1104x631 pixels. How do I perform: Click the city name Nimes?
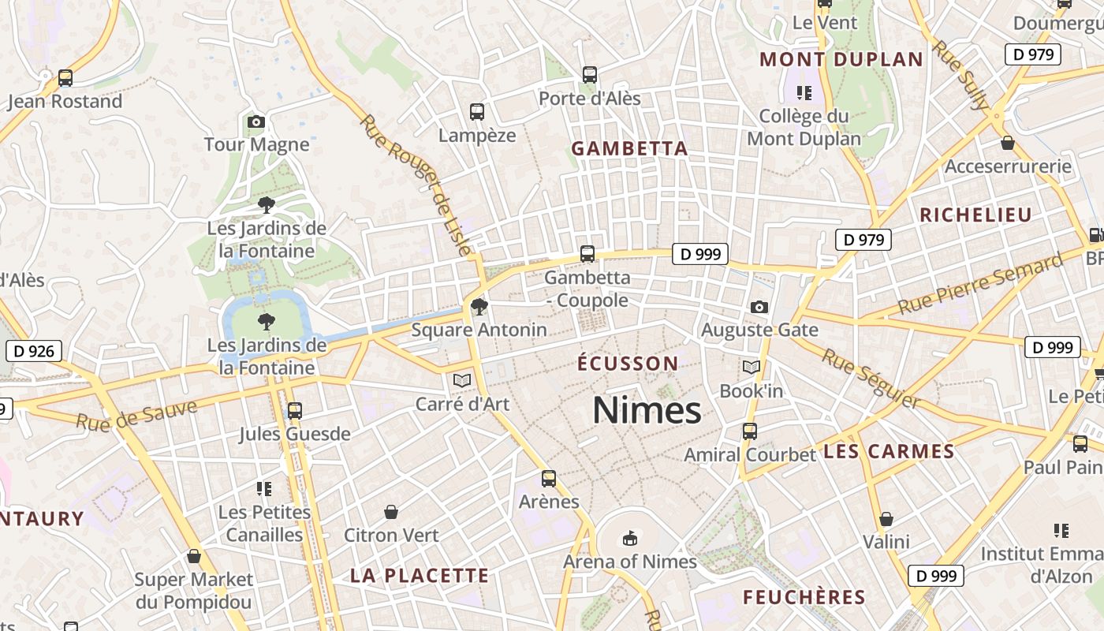[647, 411]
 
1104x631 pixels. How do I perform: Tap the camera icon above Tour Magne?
[255, 121]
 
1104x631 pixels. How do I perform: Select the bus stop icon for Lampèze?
[476, 112]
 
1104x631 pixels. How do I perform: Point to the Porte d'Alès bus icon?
[589, 75]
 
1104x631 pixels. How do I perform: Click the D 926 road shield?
[33, 351]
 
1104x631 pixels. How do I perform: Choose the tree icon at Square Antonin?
[478, 307]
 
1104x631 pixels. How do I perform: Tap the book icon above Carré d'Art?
[462, 381]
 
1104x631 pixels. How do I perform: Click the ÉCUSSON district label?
[628, 364]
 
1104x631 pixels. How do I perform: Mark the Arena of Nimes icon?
[629, 538]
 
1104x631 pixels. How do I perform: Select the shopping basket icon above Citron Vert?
[390, 513]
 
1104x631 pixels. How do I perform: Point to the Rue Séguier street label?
[871, 379]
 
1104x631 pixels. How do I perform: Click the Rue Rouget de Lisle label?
[416, 185]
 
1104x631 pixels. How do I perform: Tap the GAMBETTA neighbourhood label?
[629, 148]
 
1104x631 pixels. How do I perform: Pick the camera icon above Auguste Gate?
[759, 307]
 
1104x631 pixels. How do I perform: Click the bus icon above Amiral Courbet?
[749, 431]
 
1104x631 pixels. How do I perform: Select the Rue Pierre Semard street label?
[980, 285]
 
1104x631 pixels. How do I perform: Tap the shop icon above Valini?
[886, 519]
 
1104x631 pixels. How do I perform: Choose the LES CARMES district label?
[889, 452]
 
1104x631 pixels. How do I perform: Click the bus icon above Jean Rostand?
[65, 78]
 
